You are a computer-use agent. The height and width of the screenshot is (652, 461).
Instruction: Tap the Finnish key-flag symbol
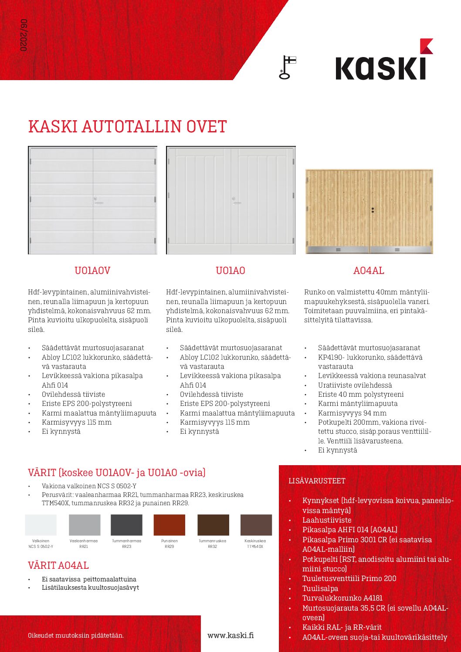coord(287,68)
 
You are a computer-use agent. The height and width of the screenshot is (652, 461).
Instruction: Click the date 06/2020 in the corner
coord(24,35)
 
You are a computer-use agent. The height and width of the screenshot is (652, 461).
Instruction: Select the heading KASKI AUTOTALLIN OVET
coord(127,127)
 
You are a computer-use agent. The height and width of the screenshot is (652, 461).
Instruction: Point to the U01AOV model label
coord(92,270)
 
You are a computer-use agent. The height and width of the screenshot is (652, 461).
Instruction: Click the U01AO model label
coord(230,270)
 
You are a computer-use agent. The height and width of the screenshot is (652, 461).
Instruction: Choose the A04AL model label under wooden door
coord(369,270)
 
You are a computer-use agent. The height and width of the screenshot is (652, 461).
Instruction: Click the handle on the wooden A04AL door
coord(373,210)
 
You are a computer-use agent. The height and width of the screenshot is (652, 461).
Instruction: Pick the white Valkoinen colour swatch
coord(41,525)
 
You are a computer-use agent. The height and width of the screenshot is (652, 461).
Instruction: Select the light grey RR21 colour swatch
coord(85,525)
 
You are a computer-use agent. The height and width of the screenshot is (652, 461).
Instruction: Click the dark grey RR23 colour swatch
coord(126,525)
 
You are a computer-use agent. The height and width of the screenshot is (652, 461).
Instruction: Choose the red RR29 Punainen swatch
coord(169,525)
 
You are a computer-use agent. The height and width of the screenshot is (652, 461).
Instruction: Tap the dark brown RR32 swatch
coord(213,525)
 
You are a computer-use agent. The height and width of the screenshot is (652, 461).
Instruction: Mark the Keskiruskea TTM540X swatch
coord(256,525)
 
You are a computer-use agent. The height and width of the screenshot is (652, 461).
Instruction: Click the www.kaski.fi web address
coord(230,635)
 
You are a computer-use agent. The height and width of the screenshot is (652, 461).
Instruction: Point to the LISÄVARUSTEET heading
coord(317,481)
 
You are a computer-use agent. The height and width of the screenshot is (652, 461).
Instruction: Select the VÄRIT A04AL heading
coord(58,565)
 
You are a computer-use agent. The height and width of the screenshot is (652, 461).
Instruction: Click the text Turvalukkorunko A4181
coord(342,598)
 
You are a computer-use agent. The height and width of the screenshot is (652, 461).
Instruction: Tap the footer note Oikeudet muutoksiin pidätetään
coord(76,635)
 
